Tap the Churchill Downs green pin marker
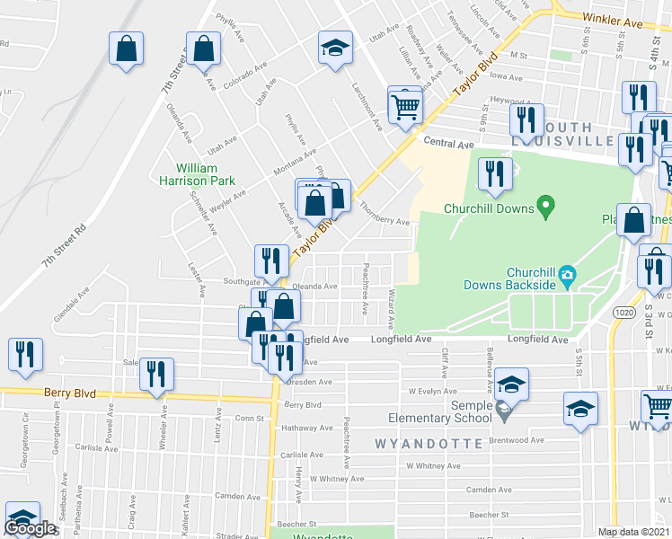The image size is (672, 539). coord(544,208)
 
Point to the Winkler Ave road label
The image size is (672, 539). coord(614,19)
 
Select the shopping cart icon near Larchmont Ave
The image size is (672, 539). coord(405,108)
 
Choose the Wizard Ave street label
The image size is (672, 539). coord(391,309)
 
